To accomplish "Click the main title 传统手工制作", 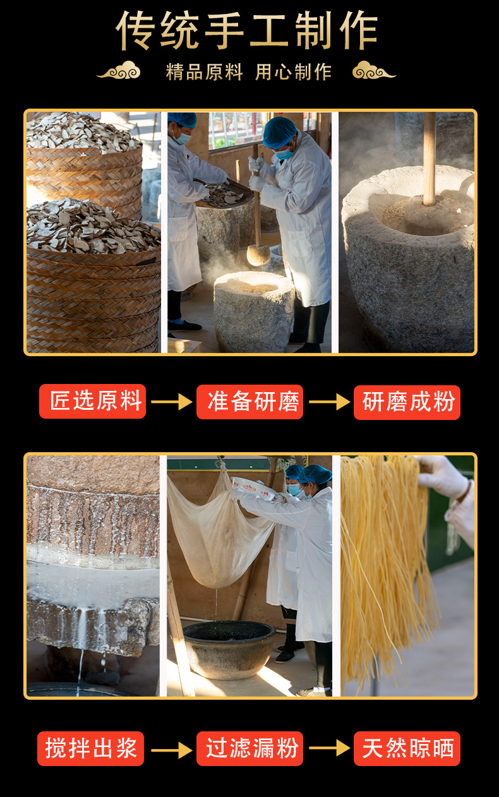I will pos(248,30).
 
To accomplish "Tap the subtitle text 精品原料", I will pos(204,72).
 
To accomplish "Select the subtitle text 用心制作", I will pos(293,72).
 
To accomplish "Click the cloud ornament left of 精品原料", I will pos(119,71).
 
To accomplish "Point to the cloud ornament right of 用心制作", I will pos(374,71).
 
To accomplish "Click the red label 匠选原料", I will pos(93,402).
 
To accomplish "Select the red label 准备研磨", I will pos(249,402).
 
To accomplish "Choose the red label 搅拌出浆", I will pos(91,748).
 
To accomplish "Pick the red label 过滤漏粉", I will pos(249,748).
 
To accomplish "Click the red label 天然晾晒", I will pos(407,748).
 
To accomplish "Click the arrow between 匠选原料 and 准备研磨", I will pos(171,402).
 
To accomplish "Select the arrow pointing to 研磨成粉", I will pos(328,402).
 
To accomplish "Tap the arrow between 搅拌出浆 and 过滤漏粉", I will pos(171,750).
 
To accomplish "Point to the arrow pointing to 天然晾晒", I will pos(328,748).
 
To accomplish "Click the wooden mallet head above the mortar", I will pos(258,255).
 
